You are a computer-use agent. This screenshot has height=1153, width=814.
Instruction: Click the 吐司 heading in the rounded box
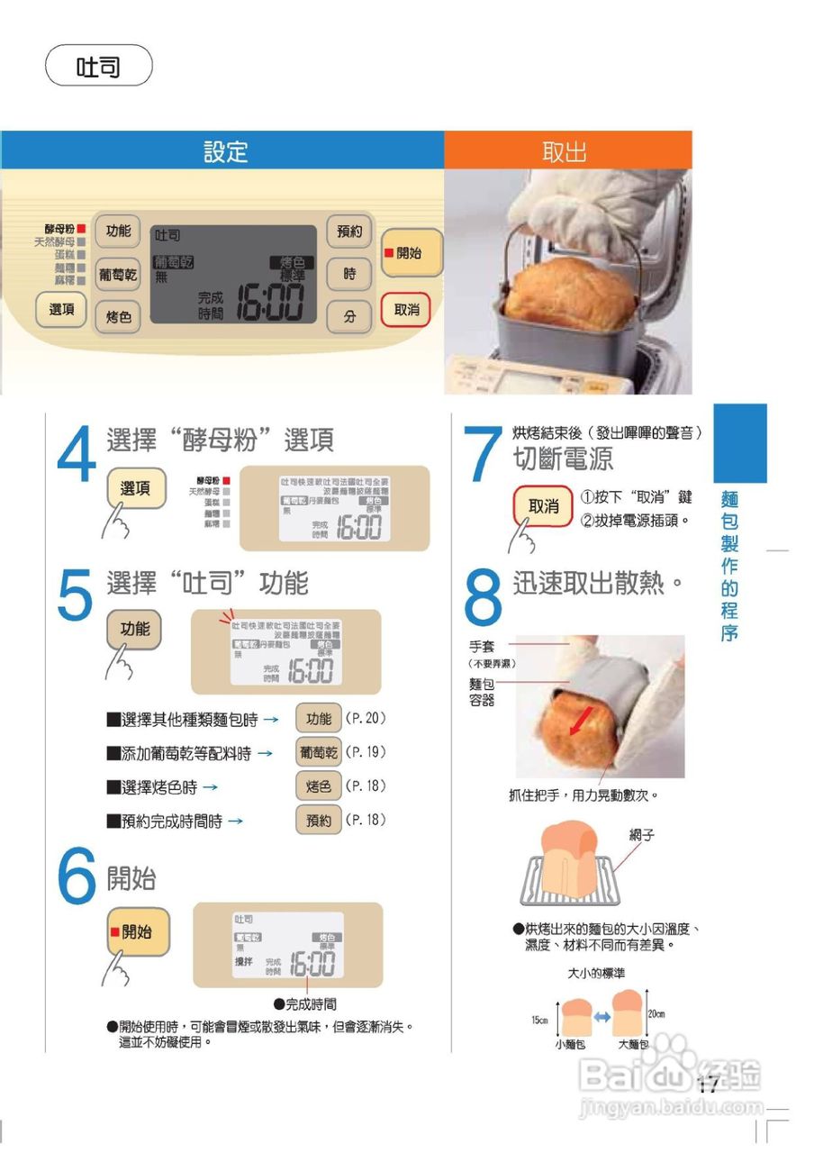(98, 66)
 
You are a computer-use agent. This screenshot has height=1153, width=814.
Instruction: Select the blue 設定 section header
(224, 151)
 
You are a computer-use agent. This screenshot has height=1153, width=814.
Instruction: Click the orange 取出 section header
(565, 151)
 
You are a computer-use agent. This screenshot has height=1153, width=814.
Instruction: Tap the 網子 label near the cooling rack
(641, 836)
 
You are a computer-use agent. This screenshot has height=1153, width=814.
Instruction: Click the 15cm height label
(539, 1020)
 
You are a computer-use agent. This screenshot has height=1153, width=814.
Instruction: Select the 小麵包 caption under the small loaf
(570, 1045)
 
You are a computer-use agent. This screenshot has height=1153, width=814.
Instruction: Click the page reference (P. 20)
(366, 719)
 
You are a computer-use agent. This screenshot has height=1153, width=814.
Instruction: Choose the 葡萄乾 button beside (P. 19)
(318, 752)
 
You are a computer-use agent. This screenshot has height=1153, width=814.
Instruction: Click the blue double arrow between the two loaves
(602, 1017)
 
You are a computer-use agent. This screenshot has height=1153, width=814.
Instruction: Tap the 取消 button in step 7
(543, 506)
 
